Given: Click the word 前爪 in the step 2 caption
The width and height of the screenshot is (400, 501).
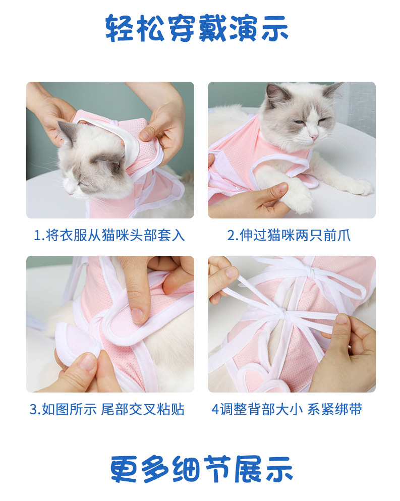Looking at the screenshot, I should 338,235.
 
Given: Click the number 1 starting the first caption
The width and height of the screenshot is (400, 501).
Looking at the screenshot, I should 37,236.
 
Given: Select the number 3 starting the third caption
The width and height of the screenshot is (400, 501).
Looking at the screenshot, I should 33,410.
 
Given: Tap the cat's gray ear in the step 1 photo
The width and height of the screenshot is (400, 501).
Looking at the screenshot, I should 67,133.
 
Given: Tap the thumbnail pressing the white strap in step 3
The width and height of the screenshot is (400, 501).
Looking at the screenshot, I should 137,315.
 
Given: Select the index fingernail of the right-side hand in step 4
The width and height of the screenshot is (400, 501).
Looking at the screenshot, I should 341,319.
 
